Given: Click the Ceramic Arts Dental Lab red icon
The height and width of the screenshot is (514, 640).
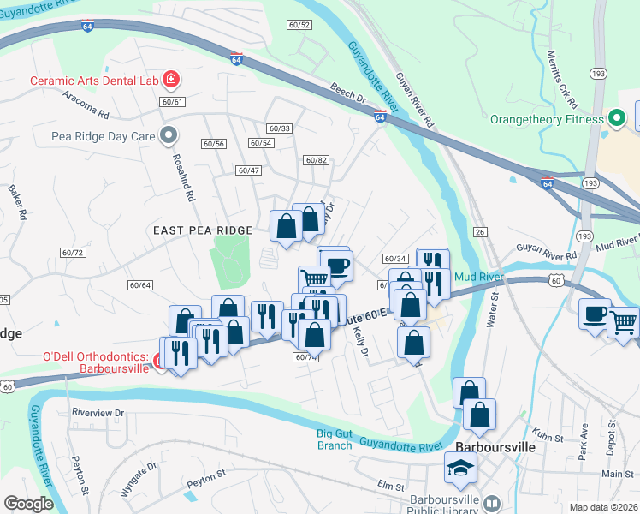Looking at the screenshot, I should (x=171, y=81).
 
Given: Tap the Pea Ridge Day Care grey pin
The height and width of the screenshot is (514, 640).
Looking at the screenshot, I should (x=169, y=134).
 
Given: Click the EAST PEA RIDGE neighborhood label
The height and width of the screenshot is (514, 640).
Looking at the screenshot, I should (x=203, y=230).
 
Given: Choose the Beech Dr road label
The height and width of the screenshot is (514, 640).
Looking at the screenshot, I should (x=348, y=93).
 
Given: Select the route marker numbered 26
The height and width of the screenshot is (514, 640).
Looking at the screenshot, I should (x=480, y=232).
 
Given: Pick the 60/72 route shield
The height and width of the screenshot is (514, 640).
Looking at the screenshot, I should (x=73, y=252).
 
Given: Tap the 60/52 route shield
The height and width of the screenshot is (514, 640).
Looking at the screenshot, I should (x=299, y=25).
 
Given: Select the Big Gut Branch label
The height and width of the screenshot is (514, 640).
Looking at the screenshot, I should (x=334, y=439).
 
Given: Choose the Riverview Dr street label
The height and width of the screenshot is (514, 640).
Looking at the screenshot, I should (x=98, y=412).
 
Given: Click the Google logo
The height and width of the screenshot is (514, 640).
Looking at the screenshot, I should (x=28, y=504).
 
